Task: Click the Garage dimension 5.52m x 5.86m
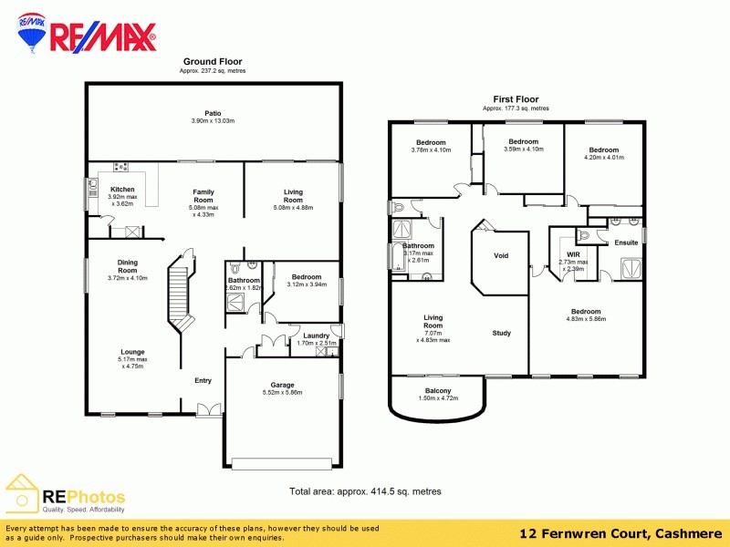[x=282, y=392]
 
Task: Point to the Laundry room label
[x=316, y=335]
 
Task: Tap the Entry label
[x=203, y=381]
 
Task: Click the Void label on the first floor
[x=501, y=256]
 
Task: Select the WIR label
[x=573, y=254]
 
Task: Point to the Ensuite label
[x=626, y=243]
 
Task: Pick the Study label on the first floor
[x=501, y=333]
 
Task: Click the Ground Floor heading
[x=212, y=62]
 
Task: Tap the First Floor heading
[x=516, y=99]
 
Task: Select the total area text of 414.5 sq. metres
[x=365, y=491]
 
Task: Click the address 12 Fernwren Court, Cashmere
[x=620, y=532]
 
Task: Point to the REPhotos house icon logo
[x=22, y=493]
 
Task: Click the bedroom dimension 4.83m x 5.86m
[x=585, y=320]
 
